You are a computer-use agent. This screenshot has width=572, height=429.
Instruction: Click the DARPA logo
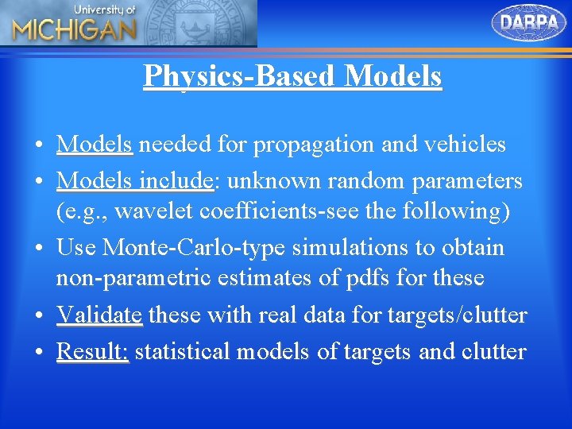pos(530,22)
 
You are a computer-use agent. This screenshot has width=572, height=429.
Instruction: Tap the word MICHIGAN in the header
pos(74,31)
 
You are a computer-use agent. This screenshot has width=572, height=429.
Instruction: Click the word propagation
pos(315,145)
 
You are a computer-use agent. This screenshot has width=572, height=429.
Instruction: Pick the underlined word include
pos(176,181)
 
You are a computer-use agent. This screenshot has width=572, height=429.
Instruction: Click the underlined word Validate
pos(99,315)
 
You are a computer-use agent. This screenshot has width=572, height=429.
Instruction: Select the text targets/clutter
pos(457,315)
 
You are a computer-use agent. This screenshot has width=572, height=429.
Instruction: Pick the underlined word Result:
pos(92,350)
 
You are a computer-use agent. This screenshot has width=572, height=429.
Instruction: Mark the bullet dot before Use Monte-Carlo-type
pos(38,249)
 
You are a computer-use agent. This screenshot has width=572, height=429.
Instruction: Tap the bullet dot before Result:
pos(38,351)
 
